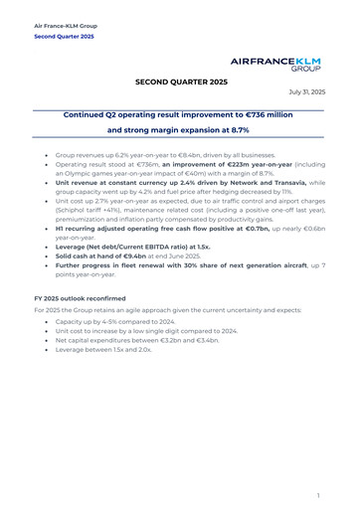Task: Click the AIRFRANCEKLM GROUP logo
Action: pyautogui.click(x=289, y=65)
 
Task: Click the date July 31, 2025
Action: pyautogui.click(x=305, y=91)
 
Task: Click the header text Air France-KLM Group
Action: pyautogui.click(x=66, y=25)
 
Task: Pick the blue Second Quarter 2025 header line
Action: pyautogui.click(x=65, y=37)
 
